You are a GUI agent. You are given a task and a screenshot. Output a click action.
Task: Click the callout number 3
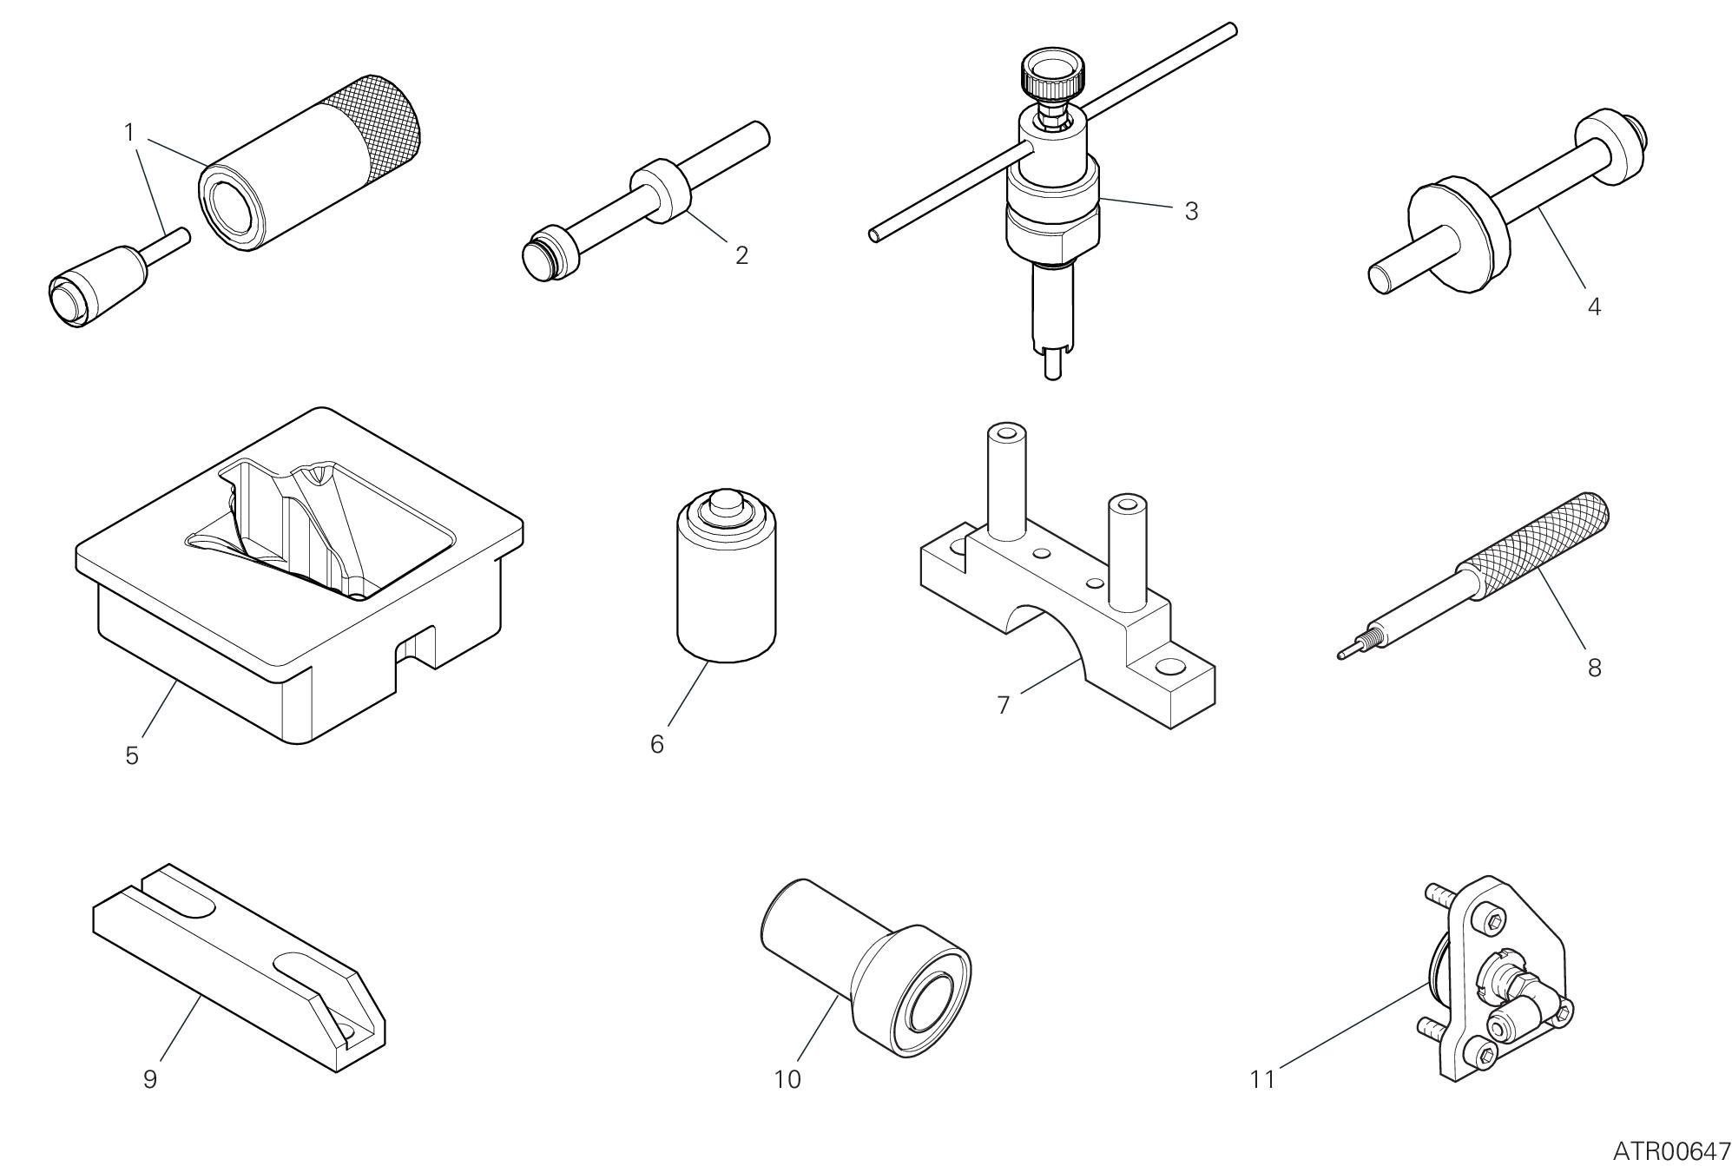coord(1191,211)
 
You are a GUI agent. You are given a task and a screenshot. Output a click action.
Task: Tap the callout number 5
coord(132,755)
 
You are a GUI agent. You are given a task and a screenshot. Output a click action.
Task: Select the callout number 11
coord(1262,1079)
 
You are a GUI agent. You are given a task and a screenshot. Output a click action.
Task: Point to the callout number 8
coord(1594,668)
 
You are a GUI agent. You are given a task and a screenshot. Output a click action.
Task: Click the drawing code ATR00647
coord(1671,1151)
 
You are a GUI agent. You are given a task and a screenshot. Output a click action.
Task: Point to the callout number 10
coord(787,1079)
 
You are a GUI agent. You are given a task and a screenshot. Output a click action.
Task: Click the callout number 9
coord(149,1079)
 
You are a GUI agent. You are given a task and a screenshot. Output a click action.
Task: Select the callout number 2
coord(741,255)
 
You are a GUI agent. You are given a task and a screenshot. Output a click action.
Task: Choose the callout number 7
coord(1004,705)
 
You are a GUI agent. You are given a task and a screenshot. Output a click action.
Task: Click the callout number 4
coord(1594,306)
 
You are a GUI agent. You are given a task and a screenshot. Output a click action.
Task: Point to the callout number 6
coord(657,744)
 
